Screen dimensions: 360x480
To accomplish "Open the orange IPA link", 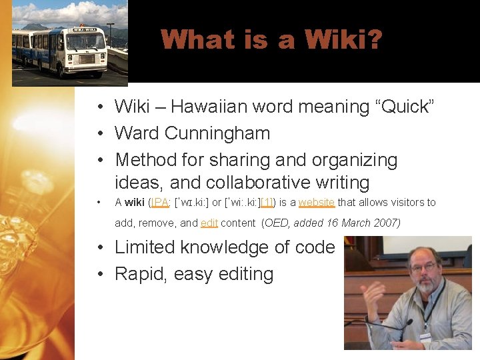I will point(159,203).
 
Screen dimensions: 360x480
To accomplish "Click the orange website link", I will point(316,203).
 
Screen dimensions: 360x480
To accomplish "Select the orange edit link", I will point(209,223).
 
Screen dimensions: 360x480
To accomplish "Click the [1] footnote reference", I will point(266,203).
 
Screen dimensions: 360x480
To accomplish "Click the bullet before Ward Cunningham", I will point(97,133).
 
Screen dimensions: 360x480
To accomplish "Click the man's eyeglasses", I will point(425,267).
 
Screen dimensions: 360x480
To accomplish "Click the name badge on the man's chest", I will point(425,337).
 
